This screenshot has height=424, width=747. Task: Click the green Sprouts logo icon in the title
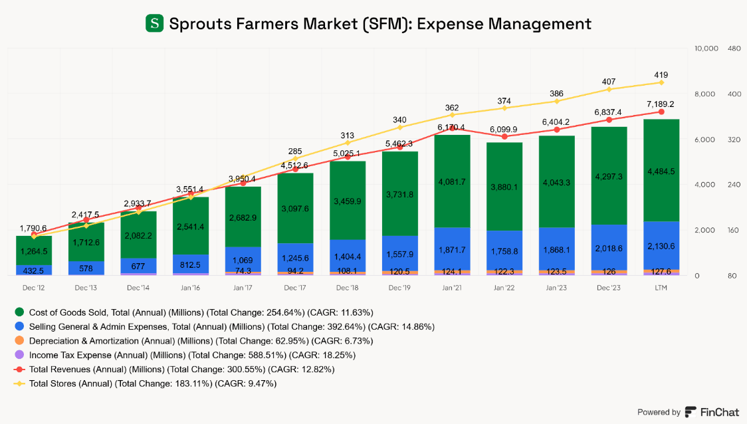pyautogui.click(x=154, y=24)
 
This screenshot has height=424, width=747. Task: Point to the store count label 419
pyautogui.click(x=661, y=74)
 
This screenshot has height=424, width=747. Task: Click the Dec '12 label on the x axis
pyautogui.click(x=34, y=288)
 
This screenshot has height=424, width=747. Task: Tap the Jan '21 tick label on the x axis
pyautogui.click(x=452, y=288)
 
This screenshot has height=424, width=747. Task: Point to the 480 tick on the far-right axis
pyautogui.click(x=734, y=49)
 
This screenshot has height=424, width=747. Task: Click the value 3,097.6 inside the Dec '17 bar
pyautogui.click(x=295, y=209)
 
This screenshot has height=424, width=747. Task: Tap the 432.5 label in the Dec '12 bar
pyautogui.click(x=34, y=270)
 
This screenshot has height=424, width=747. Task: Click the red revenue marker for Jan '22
pyautogui.click(x=504, y=136)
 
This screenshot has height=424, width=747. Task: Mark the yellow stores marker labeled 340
pyautogui.click(x=399, y=127)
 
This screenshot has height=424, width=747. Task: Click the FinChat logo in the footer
pyautogui.click(x=712, y=412)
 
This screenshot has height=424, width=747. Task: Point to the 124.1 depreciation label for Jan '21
pyautogui.click(x=452, y=270)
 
